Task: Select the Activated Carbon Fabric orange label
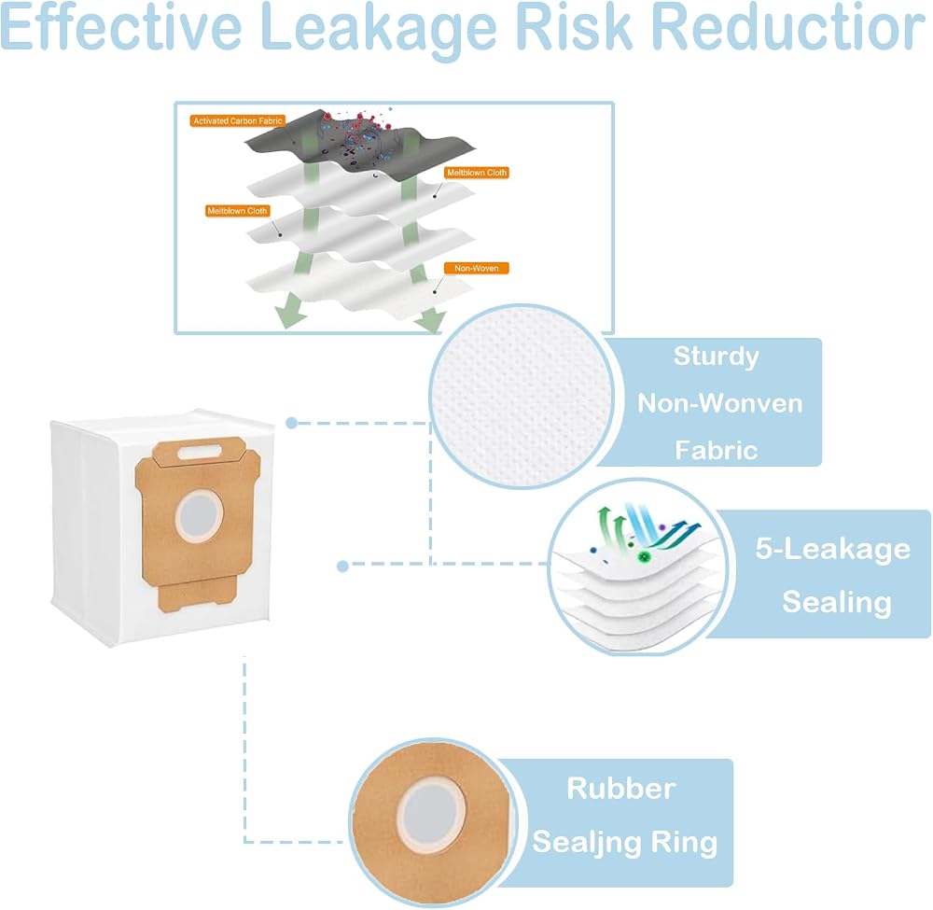pos(237,120)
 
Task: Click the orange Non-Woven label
pos(477,269)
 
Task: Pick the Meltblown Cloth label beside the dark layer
pos(477,173)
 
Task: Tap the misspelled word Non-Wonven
pos(720,403)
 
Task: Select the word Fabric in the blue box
pos(717,451)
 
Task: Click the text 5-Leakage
pos(833,549)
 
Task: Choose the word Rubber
pos(621,789)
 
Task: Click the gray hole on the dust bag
pos(200,515)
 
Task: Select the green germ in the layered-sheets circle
pos(644,557)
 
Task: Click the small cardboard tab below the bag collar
pos(198,596)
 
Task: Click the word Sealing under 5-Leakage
pos(837,602)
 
